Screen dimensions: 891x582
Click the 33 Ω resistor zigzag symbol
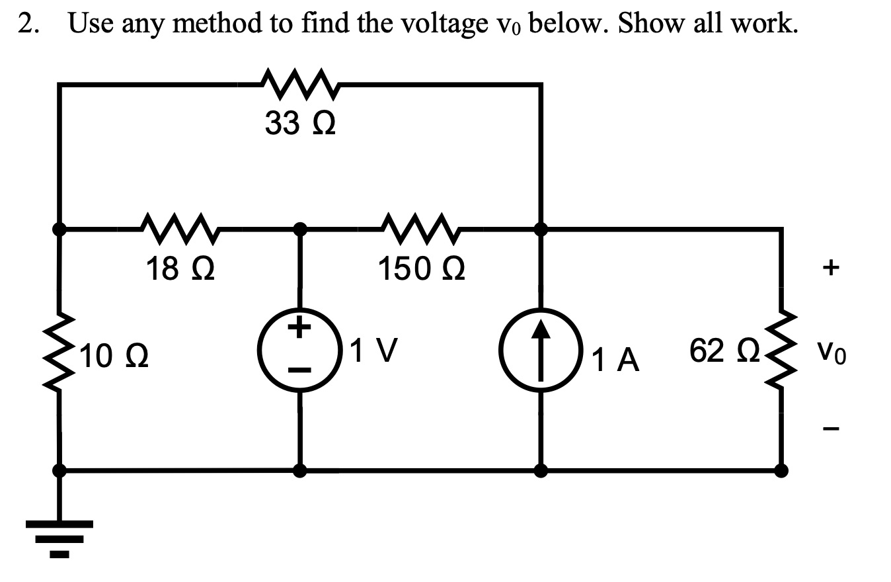(x=300, y=84)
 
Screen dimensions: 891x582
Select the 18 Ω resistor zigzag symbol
(x=180, y=229)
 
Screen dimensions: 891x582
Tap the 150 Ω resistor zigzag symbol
(x=420, y=229)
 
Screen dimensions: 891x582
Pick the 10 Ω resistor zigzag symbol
(x=59, y=350)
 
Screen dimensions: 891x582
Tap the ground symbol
(x=59, y=539)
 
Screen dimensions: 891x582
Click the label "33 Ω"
(x=300, y=123)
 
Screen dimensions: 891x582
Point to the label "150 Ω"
(x=421, y=269)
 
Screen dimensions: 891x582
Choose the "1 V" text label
(x=373, y=351)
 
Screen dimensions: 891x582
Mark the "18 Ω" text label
(x=180, y=269)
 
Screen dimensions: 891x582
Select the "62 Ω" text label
(x=724, y=351)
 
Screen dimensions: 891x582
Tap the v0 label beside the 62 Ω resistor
(x=832, y=353)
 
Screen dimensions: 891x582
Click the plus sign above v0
(x=831, y=267)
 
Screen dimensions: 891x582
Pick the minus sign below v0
(x=831, y=429)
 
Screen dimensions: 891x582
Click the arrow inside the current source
(x=541, y=350)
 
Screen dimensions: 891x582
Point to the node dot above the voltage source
(x=300, y=229)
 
